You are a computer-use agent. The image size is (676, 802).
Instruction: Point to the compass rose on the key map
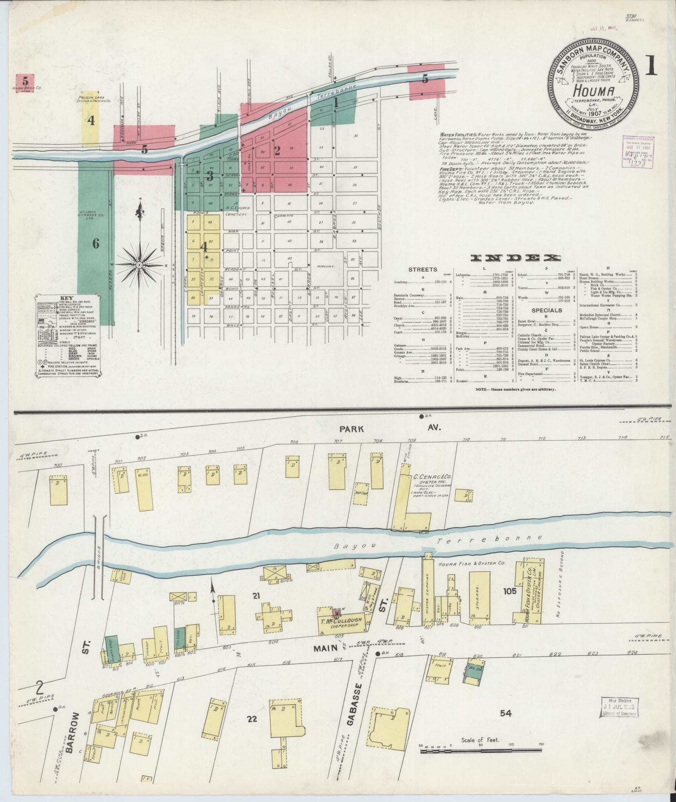138,265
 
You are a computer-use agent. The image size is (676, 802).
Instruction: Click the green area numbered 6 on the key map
96,243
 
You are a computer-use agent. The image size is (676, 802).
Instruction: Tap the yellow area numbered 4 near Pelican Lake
91,121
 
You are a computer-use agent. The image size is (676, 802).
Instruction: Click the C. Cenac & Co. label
427,477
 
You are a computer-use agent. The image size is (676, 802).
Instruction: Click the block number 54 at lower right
506,713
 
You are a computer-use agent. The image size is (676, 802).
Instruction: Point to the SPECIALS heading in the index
546,311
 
